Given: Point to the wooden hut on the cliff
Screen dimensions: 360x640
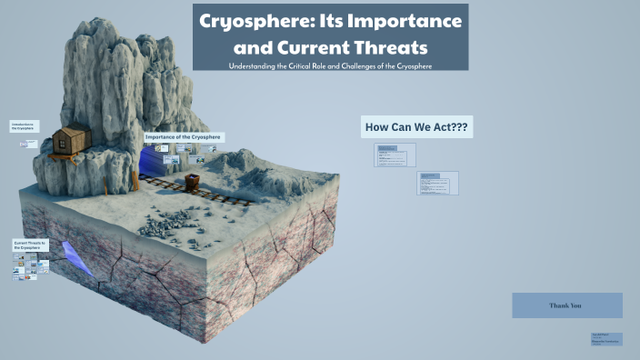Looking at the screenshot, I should pyautogui.click(x=70, y=141).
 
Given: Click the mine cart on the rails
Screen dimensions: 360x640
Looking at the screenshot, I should pyautogui.click(x=194, y=179).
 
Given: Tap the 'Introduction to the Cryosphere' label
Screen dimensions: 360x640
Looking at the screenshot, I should pyautogui.click(x=25, y=126).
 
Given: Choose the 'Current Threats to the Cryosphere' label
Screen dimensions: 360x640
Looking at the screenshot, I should pyautogui.click(x=30, y=245).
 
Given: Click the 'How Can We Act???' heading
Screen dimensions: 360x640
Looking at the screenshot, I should pyautogui.click(x=416, y=127).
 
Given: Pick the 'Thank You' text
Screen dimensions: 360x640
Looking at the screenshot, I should pyautogui.click(x=565, y=305).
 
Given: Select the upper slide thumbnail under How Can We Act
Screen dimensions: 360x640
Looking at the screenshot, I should pyautogui.click(x=395, y=155).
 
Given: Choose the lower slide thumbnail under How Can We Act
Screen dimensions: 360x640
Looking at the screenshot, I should pyautogui.click(x=437, y=184).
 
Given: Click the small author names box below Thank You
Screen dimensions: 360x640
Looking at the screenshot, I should pyautogui.click(x=605, y=338).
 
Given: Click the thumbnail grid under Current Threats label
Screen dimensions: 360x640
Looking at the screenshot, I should pyautogui.click(x=31, y=266).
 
